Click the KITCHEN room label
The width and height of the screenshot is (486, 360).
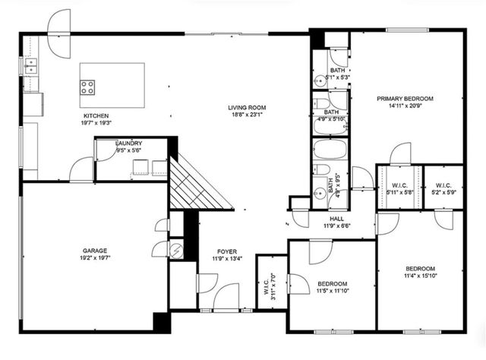(x=96, y=115)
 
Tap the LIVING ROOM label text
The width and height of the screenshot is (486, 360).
(x=246, y=107)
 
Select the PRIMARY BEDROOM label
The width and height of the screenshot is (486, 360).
(x=406, y=99)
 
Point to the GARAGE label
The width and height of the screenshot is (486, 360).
(x=95, y=250)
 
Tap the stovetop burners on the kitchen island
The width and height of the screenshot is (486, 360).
(x=88, y=86)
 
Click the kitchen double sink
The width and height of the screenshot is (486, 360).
(x=31, y=68)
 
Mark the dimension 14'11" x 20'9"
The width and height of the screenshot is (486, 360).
(x=406, y=106)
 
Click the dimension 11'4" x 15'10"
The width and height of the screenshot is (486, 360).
(x=419, y=276)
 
